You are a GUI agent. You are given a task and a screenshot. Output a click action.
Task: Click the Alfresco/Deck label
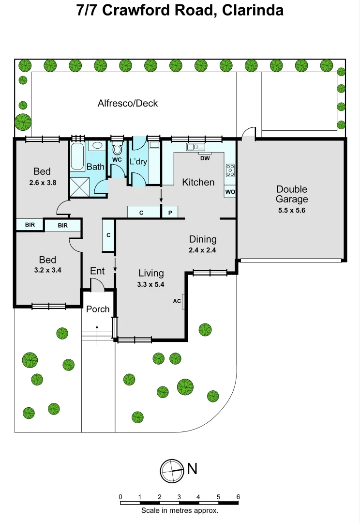[x=128, y=103]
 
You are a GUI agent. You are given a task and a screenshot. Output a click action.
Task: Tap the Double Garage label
[x=292, y=194]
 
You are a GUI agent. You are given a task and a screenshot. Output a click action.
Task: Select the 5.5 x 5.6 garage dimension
[x=292, y=210]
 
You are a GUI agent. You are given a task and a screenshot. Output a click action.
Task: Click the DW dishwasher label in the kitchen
[x=205, y=157]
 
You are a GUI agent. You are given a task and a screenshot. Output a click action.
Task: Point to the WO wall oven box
[x=230, y=192]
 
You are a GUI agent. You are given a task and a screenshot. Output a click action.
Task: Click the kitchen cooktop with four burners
[x=230, y=170]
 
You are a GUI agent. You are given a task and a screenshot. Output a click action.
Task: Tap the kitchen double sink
[x=196, y=147]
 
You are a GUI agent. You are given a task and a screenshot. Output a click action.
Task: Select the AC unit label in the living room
[x=177, y=301]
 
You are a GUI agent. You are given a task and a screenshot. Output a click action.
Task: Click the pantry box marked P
[x=170, y=212]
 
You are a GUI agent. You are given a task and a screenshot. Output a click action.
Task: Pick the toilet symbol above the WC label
[x=117, y=147]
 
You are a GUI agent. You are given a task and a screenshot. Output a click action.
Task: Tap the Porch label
[x=98, y=309]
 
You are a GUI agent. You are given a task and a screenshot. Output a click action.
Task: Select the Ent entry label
[x=97, y=271]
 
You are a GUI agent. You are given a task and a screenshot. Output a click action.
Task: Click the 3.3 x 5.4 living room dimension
[x=150, y=284]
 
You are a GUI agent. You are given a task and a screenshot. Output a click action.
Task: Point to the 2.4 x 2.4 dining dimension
[x=203, y=250]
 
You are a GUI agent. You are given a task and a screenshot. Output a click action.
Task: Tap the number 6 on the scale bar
[x=238, y=497]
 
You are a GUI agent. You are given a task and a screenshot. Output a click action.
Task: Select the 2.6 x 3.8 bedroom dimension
[x=42, y=183]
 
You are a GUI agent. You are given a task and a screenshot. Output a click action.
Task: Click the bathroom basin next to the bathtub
[x=97, y=145]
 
